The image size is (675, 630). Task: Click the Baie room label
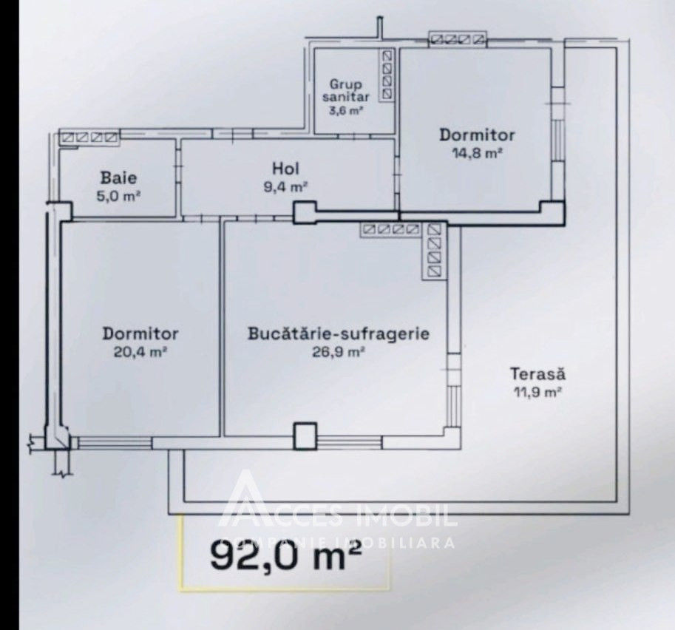(119, 177)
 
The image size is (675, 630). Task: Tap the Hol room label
(286, 168)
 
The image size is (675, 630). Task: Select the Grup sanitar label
(346, 90)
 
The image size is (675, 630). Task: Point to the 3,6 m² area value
(346, 111)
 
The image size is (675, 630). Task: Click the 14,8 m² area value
(478, 153)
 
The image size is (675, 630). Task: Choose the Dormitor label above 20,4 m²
(140, 333)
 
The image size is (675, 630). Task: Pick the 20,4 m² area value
(140, 352)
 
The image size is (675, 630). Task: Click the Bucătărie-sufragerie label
(339, 333)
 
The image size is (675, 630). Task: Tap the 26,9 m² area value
(339, 352)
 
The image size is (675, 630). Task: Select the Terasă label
(537, 373)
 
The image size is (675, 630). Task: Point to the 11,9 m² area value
(537, 393)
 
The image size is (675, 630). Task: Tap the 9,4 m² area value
(286, 187)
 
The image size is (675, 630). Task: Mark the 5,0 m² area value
(119, 197)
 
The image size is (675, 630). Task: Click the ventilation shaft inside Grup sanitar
(387, 75)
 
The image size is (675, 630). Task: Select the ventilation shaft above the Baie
(89, 138)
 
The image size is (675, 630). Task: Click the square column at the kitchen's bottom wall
(305, 436)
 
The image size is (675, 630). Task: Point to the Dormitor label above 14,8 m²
(477, 135)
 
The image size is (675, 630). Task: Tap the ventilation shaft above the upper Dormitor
(458, 40)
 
